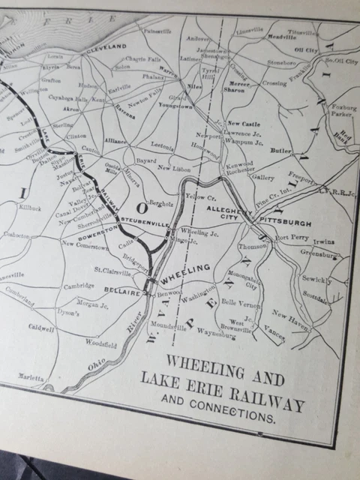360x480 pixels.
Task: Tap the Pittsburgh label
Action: [x=285, y=223]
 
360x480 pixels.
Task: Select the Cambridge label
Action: [x=79, y=286]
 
